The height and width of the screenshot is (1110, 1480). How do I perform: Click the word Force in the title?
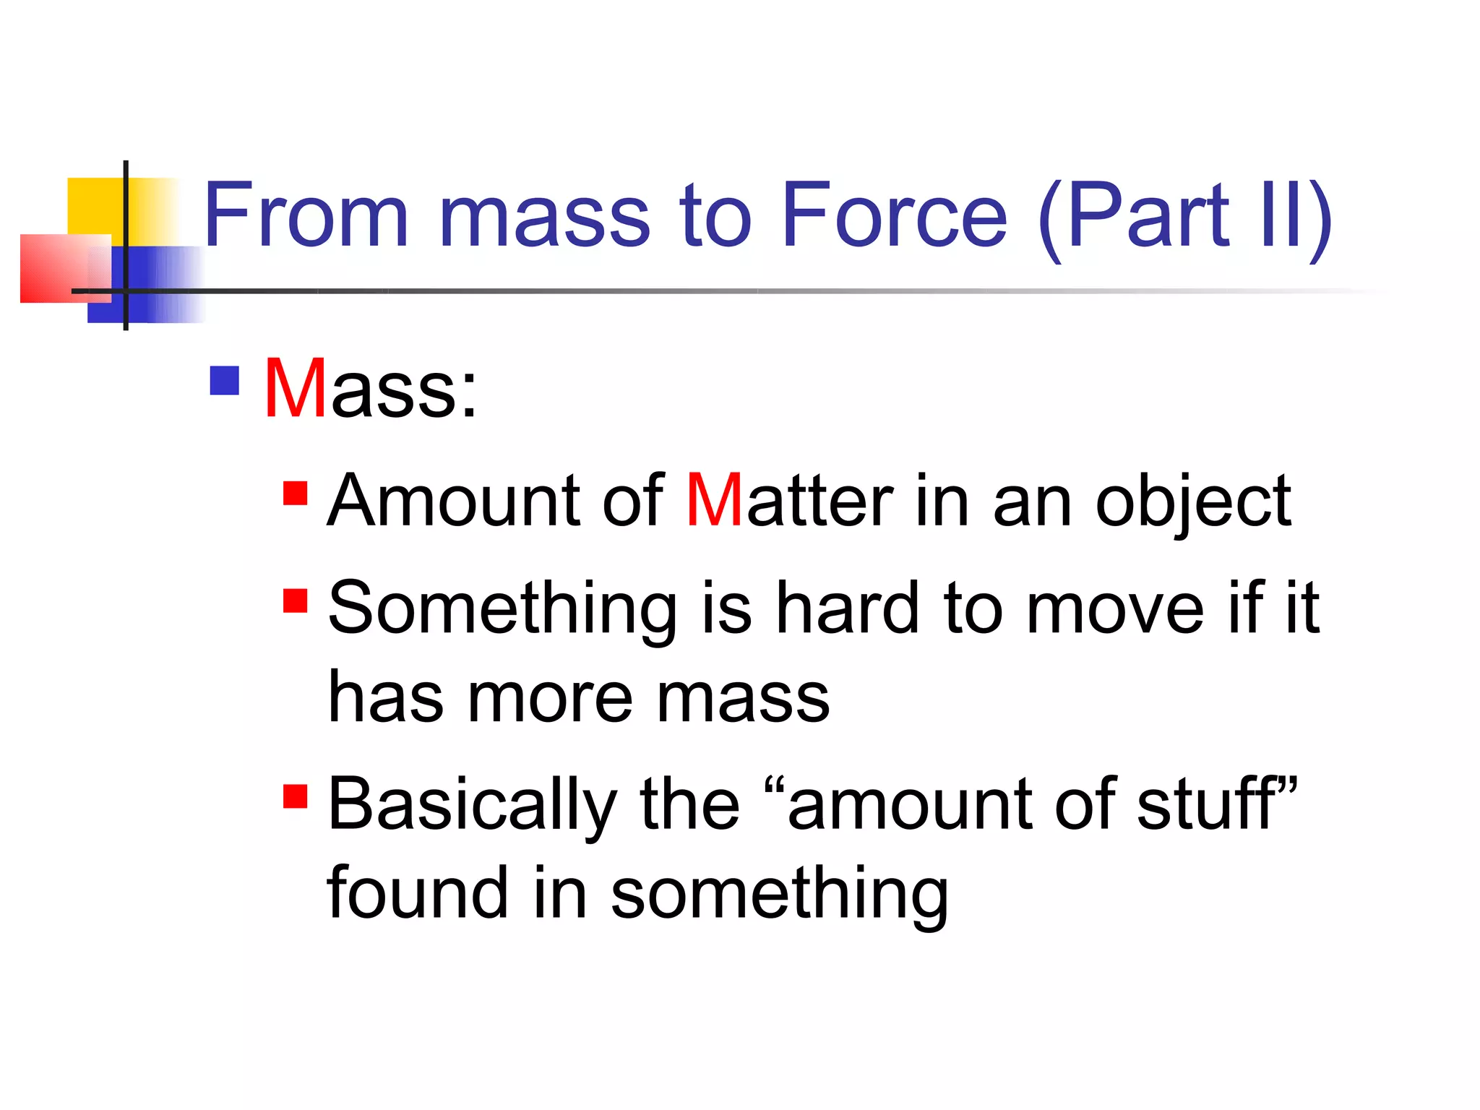894,215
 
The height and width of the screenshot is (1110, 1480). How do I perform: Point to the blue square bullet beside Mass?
224,381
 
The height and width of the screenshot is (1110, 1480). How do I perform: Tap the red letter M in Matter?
715,500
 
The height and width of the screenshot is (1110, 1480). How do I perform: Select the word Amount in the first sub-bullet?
454,500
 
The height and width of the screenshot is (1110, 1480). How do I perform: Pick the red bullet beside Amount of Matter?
296,494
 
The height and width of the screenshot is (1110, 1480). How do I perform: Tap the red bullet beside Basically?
296,796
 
